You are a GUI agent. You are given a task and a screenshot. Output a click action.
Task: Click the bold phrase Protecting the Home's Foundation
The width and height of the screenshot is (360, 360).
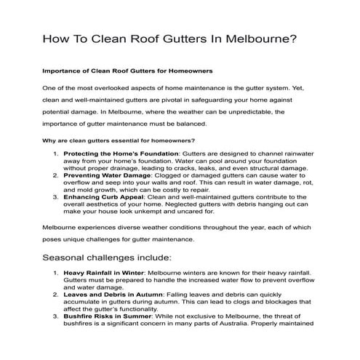pyautogui.click(x=121, y=154)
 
